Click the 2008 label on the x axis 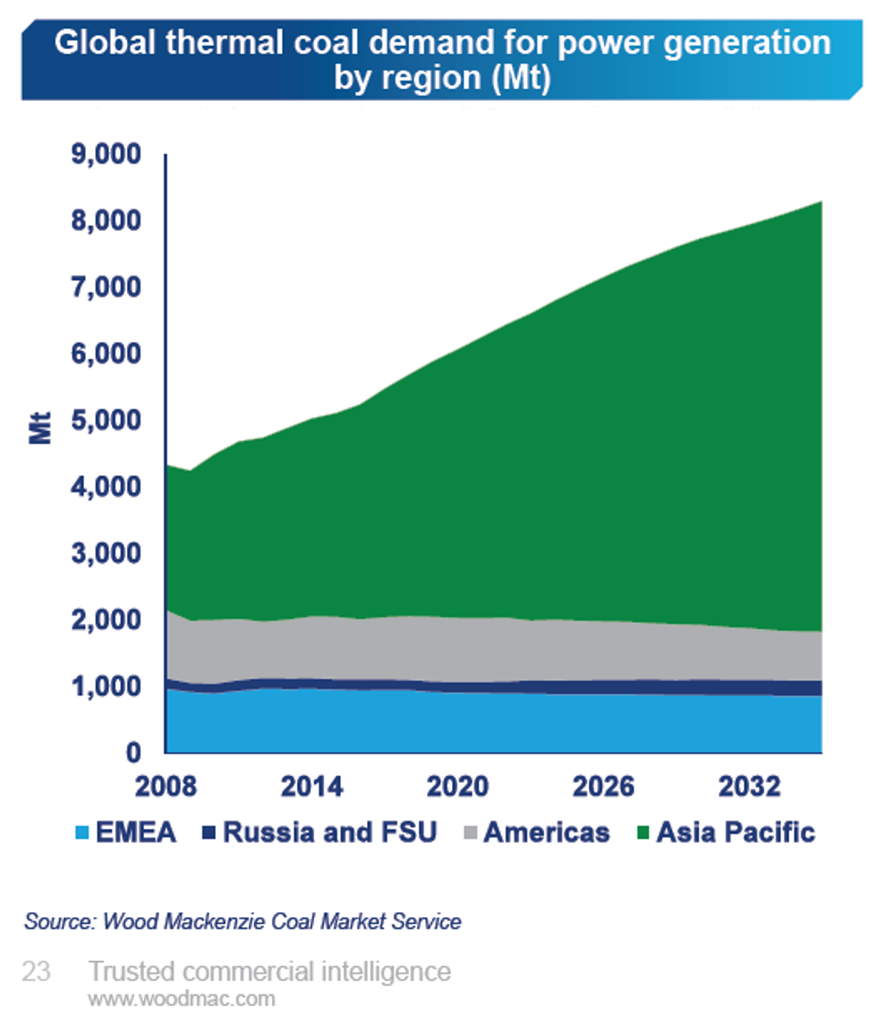pos(166,788)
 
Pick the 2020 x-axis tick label pos(457,788)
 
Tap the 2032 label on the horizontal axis pos(749,788)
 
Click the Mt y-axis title pos(40,428)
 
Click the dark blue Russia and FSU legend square pos(209,833)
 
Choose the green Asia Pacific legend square pos(642,833)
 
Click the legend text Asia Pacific pos(736,833)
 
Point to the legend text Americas pos(546,833)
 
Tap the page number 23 pos(37,972)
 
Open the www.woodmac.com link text pos(181,999)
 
